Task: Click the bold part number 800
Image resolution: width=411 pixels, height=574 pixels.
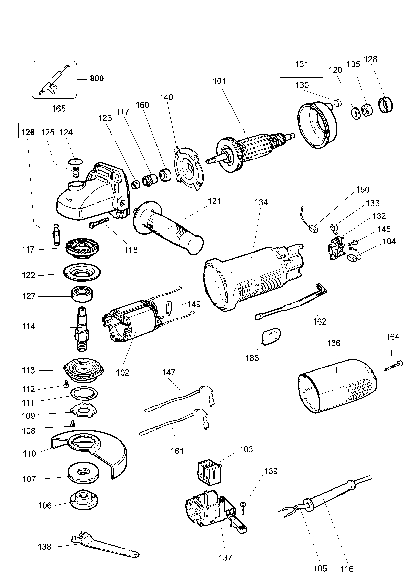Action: [x=97, y=79]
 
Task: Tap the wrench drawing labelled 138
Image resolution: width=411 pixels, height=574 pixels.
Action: [x=105, y=544]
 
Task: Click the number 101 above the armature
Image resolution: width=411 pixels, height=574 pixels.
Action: [x=219, y=81]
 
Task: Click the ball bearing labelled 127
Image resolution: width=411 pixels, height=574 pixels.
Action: [x=82, y=294]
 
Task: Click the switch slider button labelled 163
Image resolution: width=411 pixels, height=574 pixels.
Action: [x=271, y=337]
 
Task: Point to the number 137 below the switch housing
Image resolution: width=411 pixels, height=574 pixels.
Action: [x=225, y=557]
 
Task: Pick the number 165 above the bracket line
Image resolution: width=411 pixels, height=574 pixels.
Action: [x=58, y=109]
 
